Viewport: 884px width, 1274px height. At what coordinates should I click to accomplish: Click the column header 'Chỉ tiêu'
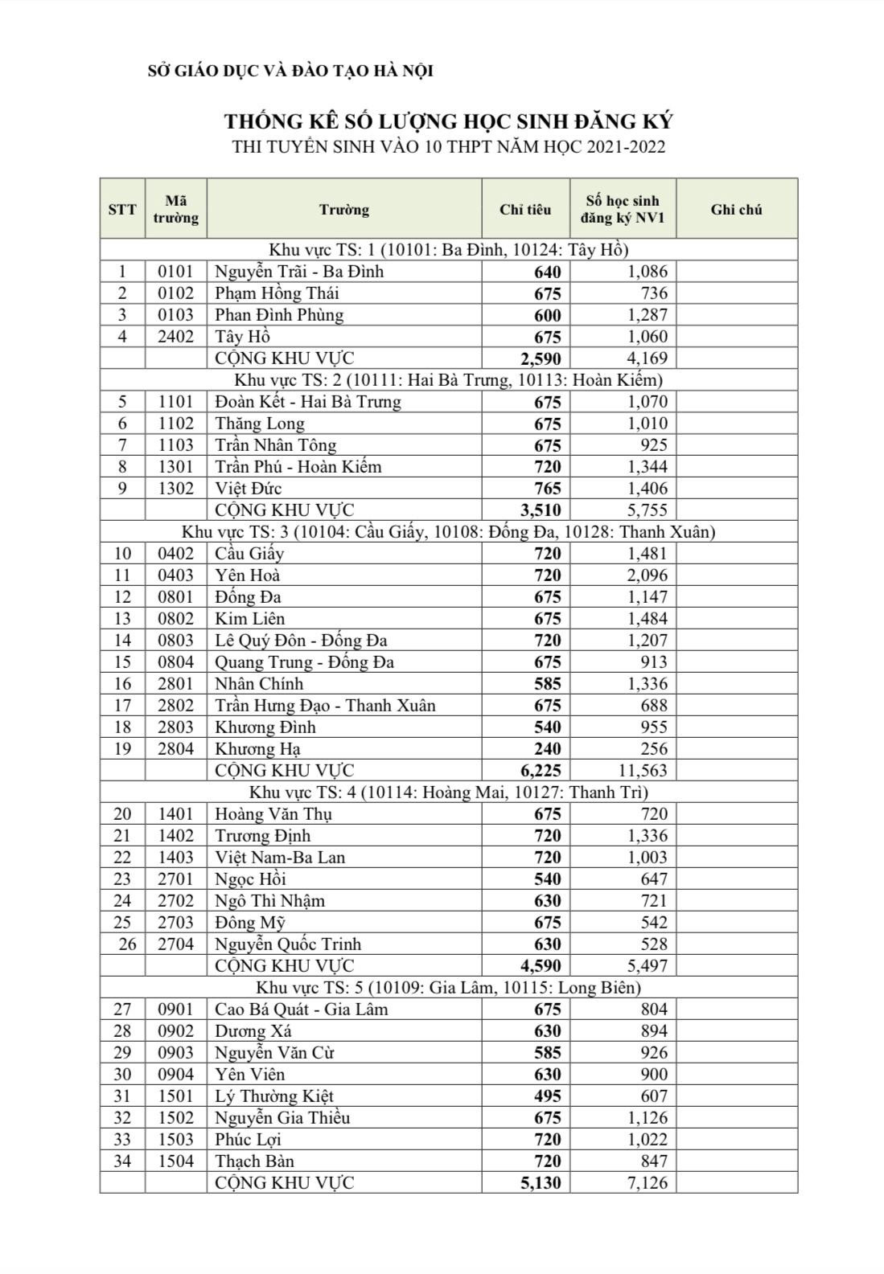pos(525,210)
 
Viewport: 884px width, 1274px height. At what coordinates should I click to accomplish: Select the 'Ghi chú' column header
pos(736,210)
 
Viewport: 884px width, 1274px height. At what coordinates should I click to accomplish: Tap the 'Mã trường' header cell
pos(175,209)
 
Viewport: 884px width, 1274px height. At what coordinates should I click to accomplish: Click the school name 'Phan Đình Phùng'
pos(278,315)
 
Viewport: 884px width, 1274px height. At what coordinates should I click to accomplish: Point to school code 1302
pos(175,489)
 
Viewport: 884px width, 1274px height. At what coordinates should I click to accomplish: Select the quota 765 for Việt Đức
pos(547,489)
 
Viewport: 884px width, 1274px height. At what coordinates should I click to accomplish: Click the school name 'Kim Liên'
pos(249,619)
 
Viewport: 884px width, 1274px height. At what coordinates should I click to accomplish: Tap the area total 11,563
pos(643,771)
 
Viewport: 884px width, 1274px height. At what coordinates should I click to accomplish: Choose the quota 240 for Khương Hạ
pos(547,749)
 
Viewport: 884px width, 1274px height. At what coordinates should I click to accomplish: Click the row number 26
pos(127,944)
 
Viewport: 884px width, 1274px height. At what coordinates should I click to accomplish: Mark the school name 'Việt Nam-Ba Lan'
pos(279,858)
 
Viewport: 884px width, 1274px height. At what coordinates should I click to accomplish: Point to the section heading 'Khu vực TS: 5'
pos(448,987)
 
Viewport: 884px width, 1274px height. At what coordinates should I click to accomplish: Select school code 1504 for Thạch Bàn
pos(175,1161)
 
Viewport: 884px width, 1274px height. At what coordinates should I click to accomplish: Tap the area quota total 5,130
pos(541,1183)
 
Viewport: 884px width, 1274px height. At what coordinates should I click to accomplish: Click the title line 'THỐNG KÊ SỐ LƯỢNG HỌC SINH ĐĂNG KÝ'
pos(448,121)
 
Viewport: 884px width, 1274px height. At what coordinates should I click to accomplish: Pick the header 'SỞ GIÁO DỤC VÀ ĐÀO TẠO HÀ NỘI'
pos(290,71)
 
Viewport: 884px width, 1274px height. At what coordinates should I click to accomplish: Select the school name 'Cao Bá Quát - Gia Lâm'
pos(301,1010)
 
